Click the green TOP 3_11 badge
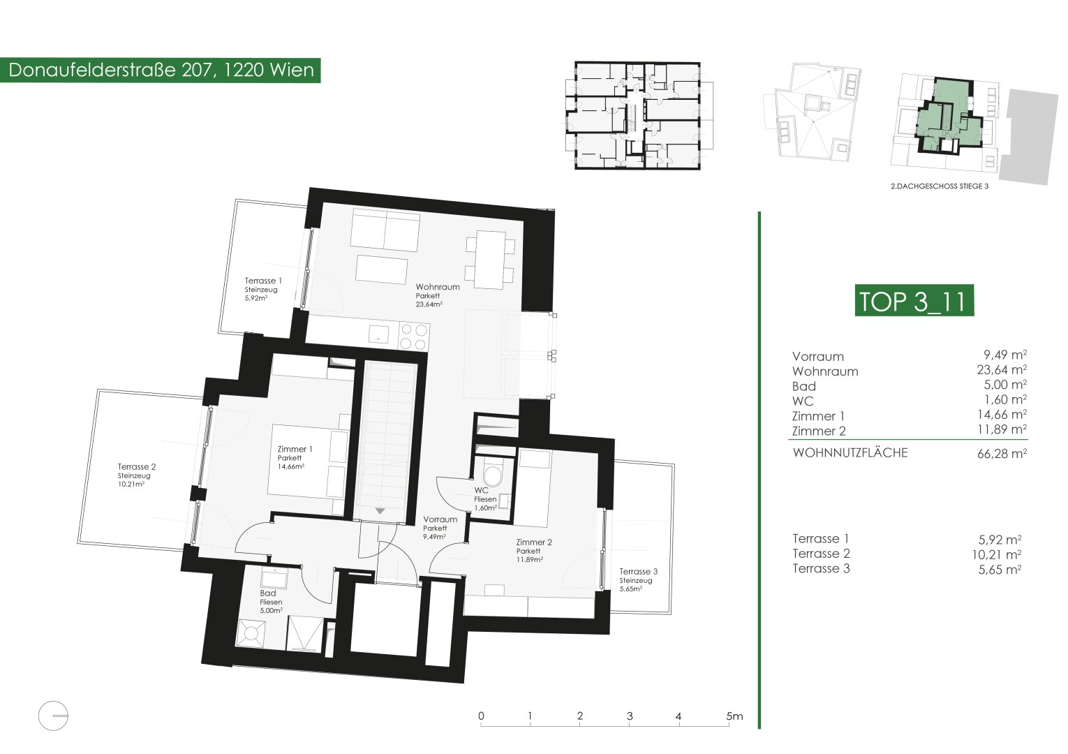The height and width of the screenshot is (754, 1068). [914, 300]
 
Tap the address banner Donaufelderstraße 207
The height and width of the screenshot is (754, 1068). [161, 70]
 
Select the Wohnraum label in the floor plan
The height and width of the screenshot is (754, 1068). [438, 287]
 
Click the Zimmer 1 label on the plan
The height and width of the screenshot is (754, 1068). [295, 449]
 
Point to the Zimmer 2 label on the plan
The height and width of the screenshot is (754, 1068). [534, 542]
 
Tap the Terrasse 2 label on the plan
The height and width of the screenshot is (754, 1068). [137, 467]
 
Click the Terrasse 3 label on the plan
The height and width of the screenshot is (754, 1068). [639, 571]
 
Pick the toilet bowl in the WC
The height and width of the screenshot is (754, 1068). [493, 475]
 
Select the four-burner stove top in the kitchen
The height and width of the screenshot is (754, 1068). [414, 337]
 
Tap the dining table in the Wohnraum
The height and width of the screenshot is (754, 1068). [490, 260]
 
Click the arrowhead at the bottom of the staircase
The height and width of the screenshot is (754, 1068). [380, 511]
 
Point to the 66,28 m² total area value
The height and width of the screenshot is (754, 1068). [1002, 453]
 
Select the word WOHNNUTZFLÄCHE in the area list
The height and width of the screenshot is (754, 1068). [850, 452]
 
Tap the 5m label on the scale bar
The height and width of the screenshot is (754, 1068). [734, 716]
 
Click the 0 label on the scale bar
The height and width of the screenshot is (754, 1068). [481, 716]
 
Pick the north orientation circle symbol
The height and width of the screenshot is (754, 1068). [53, 716]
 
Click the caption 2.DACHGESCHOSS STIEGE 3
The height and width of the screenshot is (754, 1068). [940, 186]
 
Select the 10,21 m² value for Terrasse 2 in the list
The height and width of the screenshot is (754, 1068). [997, 555]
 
